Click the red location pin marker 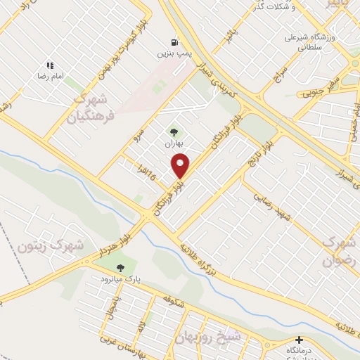click(x=181, y=166)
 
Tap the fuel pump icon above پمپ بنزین click(x=173, y=41)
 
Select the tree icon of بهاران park click(x=173, y=131)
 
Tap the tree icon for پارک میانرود click(x=120, y=268)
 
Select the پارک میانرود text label click(x=120, y=279)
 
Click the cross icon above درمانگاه click(x=300, y=340)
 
